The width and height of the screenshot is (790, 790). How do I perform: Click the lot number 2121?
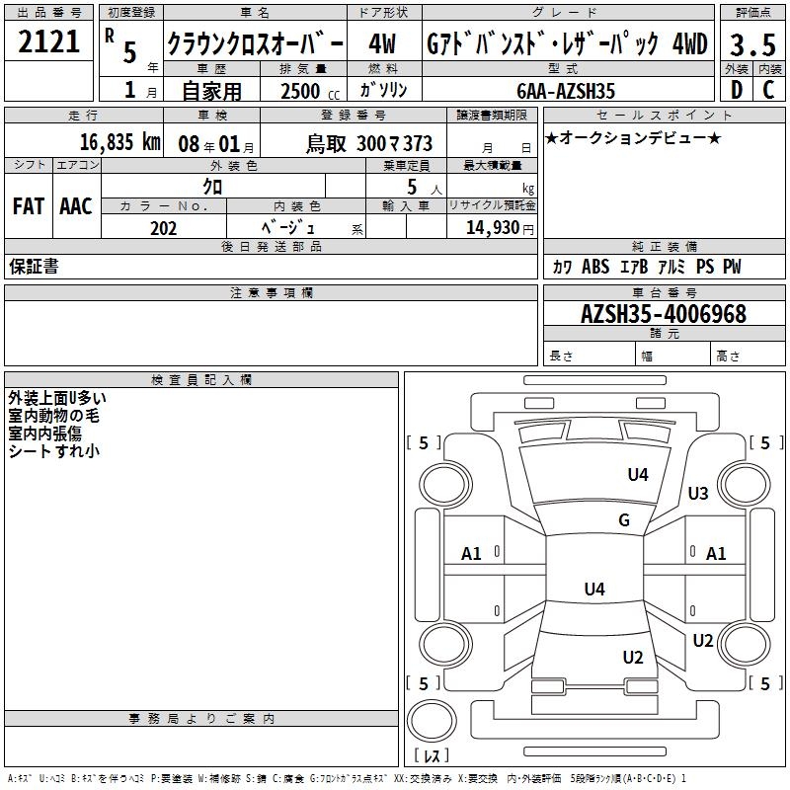tap(48, 42)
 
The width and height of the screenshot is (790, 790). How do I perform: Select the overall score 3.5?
tap(752, 44)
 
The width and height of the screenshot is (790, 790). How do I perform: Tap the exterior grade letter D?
tap(736, 90)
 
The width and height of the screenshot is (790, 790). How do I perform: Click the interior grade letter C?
tap(768, 90)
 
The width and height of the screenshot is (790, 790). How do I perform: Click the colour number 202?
tap(164, 228)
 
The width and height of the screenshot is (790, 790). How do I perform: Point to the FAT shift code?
tap(29, 205)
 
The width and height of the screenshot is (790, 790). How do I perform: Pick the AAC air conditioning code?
tap(76, 205)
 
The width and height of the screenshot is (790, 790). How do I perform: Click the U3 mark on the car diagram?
tap(698, 494)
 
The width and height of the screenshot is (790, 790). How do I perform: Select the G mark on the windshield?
tap(624, 520)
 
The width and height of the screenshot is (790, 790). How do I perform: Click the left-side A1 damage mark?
tap(472, 554)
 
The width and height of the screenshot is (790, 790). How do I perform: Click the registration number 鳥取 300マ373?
tap(369, 142)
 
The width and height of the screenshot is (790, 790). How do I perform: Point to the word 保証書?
tap(33, 267)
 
